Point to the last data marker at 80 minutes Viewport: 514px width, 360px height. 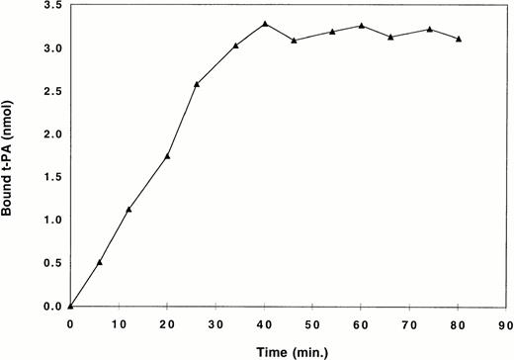(459, 39)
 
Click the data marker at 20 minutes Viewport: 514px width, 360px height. (168, 156)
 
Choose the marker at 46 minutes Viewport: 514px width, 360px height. (294, 41)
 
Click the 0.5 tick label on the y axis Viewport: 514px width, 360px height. (50, 264)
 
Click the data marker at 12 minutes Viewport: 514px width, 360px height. (128, 210)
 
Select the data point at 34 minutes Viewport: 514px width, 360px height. (236, 45)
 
